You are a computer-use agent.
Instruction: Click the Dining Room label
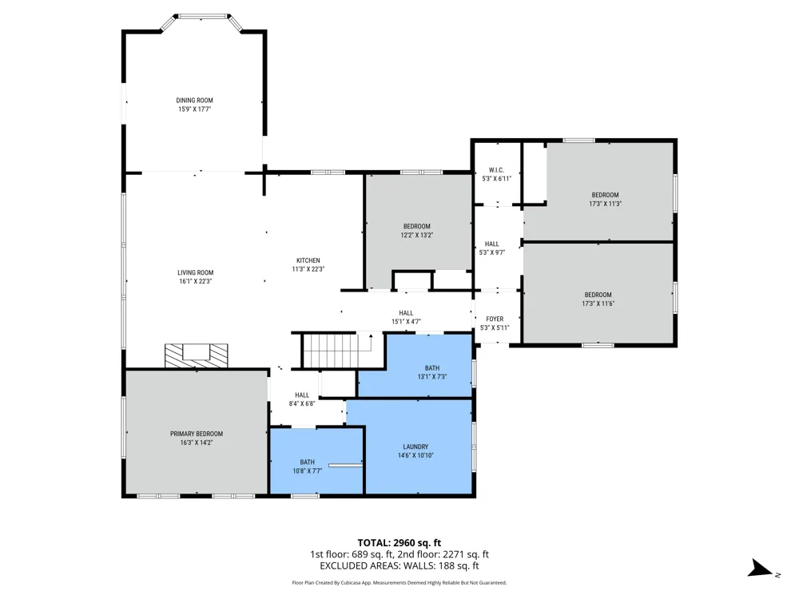[195, 101]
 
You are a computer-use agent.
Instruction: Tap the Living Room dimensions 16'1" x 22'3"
[195, 281]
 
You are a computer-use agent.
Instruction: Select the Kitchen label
[308, 260]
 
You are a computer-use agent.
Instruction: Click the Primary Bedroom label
[197, 434]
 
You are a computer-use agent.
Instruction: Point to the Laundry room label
[415, 446]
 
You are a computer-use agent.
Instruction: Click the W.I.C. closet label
[496, 170]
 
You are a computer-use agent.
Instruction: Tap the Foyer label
[495, 319]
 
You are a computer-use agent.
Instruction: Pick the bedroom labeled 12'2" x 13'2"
[417, 231]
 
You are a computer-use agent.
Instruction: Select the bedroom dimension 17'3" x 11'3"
[606, 204]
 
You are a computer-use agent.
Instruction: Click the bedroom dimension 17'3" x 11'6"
[598, 303]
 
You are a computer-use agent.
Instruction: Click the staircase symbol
[337, 350]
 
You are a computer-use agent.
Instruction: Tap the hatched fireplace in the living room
[197, 355]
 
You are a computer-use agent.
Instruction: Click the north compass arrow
[761, 569]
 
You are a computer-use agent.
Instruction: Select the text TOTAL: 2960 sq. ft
[399, 543]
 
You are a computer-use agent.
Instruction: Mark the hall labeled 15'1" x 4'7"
[406, 317]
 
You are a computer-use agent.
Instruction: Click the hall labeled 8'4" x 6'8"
[302, 399]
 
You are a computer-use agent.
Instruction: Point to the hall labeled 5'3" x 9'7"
[491, 248]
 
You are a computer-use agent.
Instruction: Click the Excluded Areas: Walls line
[399, 566]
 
